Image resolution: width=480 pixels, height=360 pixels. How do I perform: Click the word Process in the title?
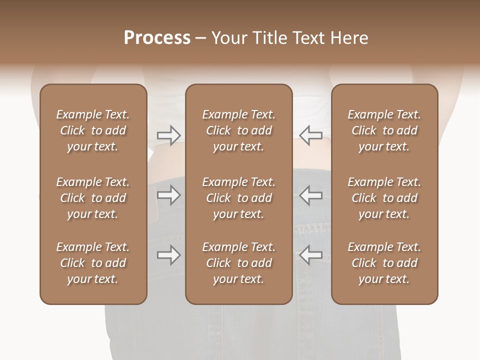pos(157,38)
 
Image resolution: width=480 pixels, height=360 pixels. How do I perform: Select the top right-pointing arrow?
pos(169,135)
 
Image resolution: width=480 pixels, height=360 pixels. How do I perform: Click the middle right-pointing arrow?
pos(169,195)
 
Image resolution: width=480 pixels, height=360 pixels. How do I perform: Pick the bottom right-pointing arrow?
pos(169,255)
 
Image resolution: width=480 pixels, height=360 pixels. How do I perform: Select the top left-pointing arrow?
pos(310,135)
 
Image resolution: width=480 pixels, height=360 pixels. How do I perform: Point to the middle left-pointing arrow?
pos(310,195)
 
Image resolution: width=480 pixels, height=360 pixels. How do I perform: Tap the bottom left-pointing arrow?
pos(310,255)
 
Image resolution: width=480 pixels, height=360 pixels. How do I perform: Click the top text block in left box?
pos(93,130)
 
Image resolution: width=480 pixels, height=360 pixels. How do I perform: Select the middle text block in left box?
pos(93,198)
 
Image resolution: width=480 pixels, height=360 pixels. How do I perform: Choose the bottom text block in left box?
pos(93,263)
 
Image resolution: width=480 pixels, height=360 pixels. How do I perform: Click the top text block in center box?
pos(238,130)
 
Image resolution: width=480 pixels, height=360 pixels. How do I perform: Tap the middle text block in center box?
pos(238,198)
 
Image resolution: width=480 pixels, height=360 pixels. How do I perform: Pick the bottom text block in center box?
pos(238,263)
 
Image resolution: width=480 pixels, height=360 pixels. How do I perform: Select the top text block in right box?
pos(384,130)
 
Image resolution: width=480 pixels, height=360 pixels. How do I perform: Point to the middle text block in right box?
pos(384,198)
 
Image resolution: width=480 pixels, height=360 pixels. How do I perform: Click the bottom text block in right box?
pos(384,263)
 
